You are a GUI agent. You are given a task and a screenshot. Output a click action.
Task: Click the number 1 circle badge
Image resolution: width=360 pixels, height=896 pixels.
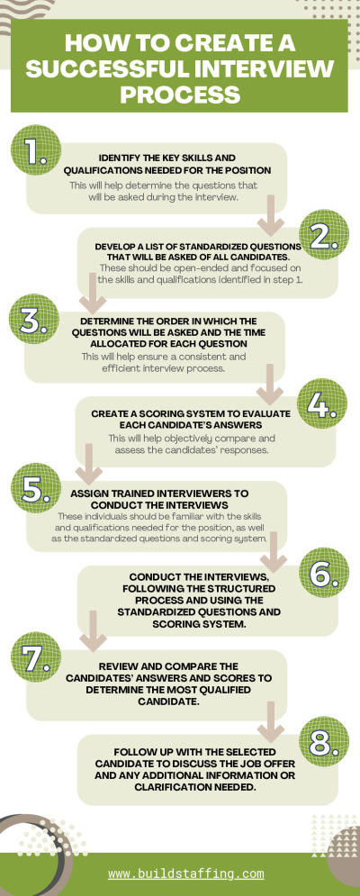(x=35, y=149)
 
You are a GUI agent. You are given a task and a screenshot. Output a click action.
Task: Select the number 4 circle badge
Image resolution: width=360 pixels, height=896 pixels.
(x=321, y=403)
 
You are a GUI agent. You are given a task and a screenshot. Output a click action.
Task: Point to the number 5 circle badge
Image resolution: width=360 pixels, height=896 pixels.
(x=35, y=488)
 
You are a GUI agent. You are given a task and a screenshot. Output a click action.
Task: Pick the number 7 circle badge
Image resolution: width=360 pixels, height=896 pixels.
(x=35, y=657)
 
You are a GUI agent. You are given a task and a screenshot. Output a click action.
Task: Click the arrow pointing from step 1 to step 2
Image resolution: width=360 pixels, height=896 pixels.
(x=270, y=215)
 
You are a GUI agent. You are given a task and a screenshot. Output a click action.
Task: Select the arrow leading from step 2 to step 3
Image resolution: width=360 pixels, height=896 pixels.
(x=93, y=294)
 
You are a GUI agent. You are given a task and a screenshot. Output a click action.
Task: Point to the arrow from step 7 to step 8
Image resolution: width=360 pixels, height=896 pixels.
(x=270, y=721)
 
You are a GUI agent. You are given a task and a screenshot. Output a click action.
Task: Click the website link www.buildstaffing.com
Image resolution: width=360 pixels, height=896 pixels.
(x=186, y=873)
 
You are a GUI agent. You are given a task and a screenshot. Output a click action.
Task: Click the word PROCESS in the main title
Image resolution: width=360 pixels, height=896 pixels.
(x=179, y=93)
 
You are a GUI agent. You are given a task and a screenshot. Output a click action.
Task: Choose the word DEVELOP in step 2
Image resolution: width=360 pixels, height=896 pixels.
(x=114, y=247)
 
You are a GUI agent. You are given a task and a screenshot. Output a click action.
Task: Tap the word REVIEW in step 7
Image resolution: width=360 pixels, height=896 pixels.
(x=117, y=666)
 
